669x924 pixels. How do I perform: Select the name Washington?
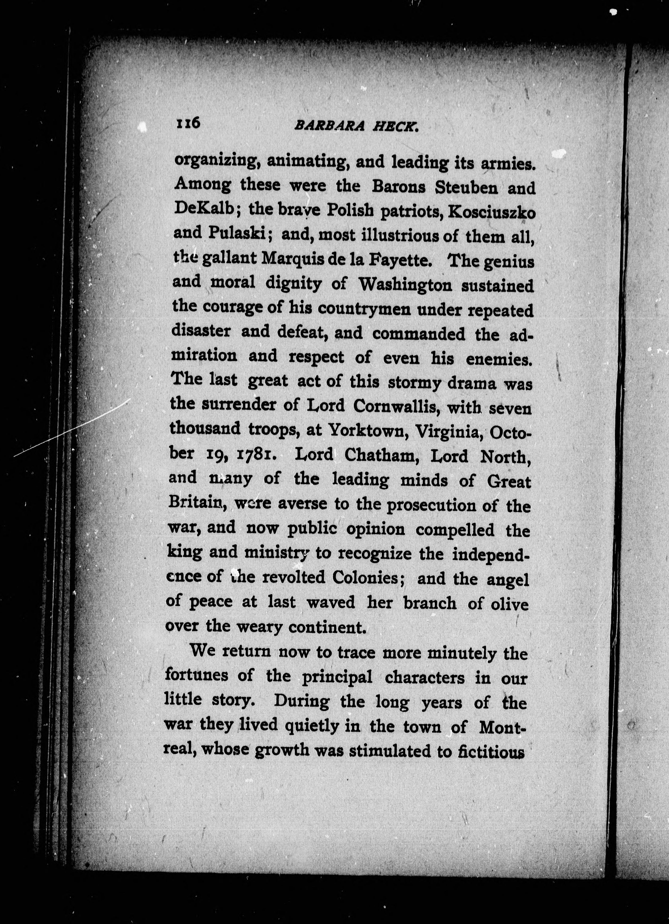404,285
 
